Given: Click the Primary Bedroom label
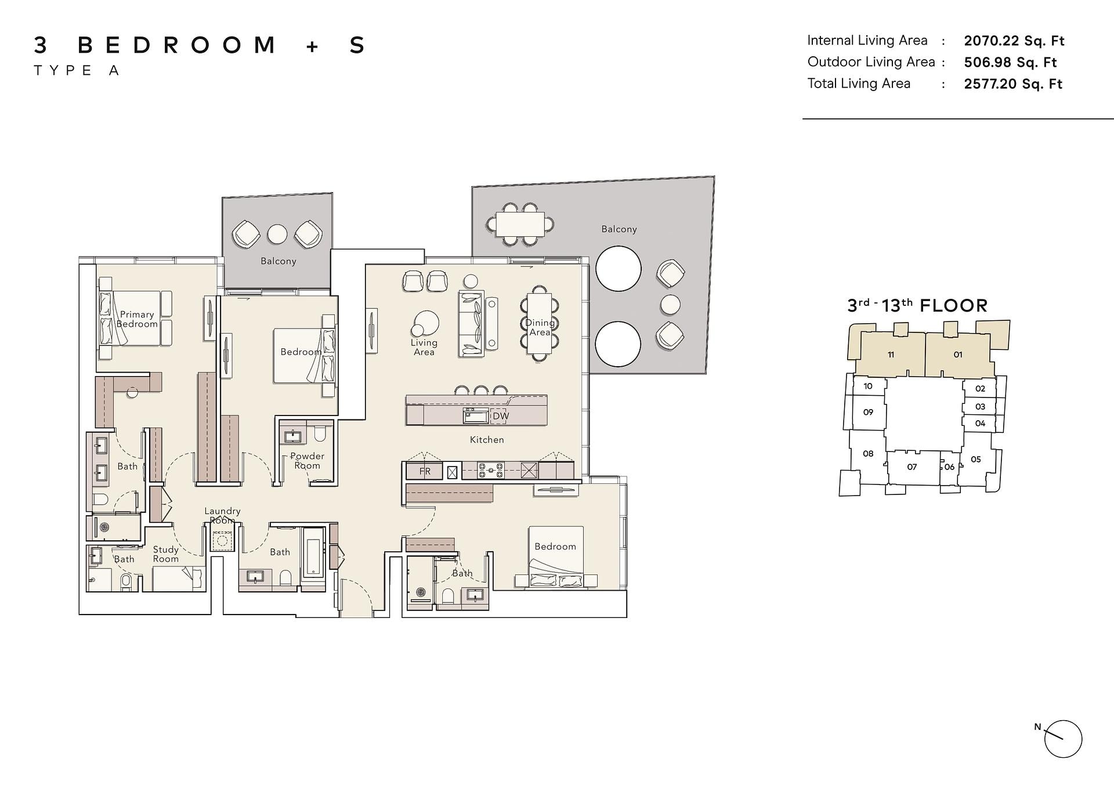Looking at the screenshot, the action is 137,319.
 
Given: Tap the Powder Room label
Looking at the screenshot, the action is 307,461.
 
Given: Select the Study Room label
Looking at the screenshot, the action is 165,554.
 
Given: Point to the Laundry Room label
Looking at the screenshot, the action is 222,515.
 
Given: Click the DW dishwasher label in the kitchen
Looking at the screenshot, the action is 501,416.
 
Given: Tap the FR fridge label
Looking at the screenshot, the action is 425,471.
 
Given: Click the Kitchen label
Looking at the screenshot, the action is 487,440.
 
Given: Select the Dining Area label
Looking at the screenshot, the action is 540,327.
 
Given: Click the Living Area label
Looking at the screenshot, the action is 424,347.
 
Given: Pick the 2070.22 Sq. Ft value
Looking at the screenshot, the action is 1014,41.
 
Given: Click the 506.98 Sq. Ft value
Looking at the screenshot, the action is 1010,62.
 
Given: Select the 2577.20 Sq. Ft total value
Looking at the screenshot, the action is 1013,84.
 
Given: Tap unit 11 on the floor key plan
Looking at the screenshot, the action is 891,355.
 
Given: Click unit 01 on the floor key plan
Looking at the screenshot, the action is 958,355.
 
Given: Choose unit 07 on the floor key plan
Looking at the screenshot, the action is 912,467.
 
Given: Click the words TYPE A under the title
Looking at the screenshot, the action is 77,71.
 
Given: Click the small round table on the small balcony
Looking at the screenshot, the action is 277,234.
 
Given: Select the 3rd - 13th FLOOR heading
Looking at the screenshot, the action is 917,305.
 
